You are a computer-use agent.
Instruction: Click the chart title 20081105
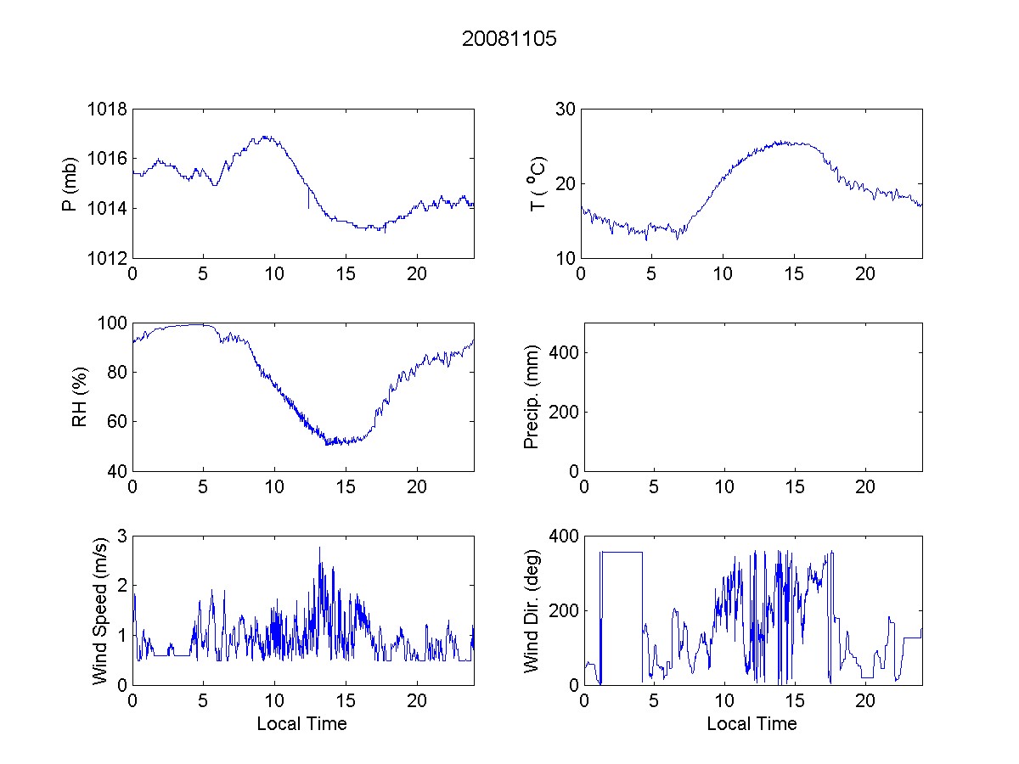click(x=509, y=39)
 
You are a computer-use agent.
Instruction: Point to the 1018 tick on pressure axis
click(x=107, y=110)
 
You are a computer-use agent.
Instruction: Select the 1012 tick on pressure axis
click(x=107, y=258)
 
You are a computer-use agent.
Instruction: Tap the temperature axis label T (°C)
click(x=537, y=183)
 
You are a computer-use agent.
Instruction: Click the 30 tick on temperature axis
click(x=565, y=110)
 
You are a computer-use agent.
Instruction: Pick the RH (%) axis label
click(x=80, y=396)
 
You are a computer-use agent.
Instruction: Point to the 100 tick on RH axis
click(x=111, y=323)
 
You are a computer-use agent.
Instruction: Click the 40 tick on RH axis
click(x=115, y=471)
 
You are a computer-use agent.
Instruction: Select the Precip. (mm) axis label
click(x=532, y=396)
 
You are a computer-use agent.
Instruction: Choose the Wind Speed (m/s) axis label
click(x=100, y=610)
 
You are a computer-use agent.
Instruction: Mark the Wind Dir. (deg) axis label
click(x=532, y=610)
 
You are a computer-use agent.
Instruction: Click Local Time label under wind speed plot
click(x=301, y=724)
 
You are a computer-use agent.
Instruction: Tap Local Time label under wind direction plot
click(x=752, y=724)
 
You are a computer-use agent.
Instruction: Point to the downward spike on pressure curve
click(x=308, y=204)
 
